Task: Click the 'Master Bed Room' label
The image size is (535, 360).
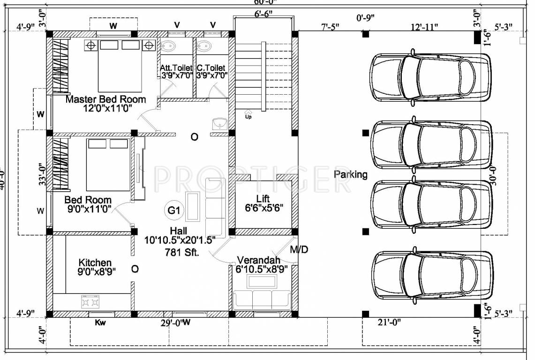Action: pos(105,99)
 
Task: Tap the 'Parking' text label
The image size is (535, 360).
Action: pos(350,174)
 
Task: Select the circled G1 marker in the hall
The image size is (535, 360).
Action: pos(174,211)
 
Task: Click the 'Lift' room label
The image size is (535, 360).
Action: pos(263,198)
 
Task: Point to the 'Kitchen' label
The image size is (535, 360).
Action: pos(95,262)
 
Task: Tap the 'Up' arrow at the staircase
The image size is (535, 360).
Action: pos(248,113)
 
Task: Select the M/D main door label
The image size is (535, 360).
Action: pos(299,249)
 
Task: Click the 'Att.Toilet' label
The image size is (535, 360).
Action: pos(176,68)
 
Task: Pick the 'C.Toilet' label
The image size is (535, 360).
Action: pos(211,68)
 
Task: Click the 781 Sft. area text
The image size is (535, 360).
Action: pos(182,252)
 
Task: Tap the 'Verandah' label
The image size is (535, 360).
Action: pos(258,260)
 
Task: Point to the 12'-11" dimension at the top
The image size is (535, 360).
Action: pos(423,27)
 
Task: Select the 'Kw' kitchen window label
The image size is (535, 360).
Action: pos(100,322)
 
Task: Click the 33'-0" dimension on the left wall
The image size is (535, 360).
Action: pos(43,174)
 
